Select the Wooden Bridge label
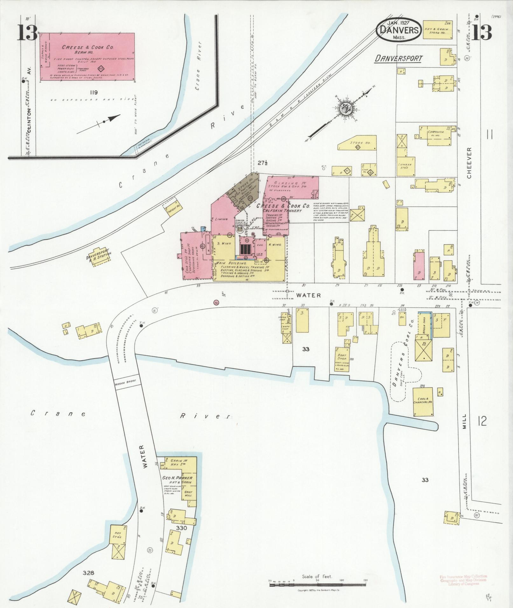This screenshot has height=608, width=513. click(126, 381)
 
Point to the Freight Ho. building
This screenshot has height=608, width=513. click(173, 207)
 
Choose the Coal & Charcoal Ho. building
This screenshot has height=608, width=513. click(423, 401)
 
